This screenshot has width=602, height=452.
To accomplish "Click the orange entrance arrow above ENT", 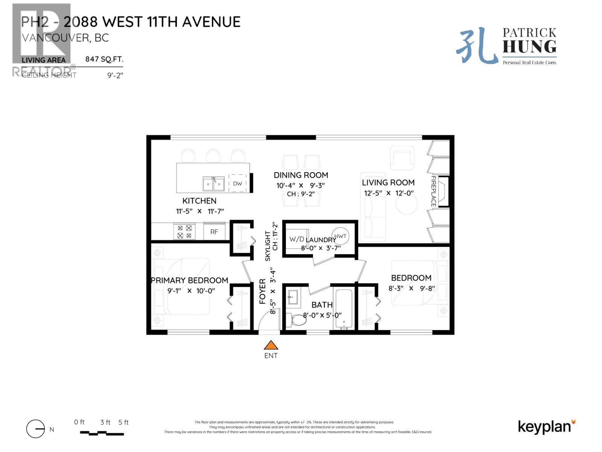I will pos(271,345).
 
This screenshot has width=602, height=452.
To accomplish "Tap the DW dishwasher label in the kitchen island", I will pos(237,184).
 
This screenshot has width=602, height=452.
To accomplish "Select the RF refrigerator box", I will pos(214,232).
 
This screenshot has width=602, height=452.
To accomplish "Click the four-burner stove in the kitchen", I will pos(184,232).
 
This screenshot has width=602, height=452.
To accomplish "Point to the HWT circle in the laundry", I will pos(340,236).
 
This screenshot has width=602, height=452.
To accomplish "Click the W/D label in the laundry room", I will pos(296,239).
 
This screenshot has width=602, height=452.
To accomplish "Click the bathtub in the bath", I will pos(344,309).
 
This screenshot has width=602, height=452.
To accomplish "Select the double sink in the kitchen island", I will pos(214,184).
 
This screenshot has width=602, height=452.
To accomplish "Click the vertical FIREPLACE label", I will pos(433,191).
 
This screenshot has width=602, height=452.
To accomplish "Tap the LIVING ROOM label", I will pos(388,183).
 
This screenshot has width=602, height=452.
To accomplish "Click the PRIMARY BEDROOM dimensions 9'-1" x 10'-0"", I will pos(191,291).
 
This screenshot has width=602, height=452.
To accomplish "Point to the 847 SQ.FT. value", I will pos(104,59).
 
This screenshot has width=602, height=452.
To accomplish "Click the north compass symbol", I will pos(36,429).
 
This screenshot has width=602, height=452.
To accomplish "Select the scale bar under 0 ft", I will pos(102,434).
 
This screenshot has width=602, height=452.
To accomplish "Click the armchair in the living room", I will pos(402,158).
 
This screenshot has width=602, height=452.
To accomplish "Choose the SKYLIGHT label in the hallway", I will pos(268,246).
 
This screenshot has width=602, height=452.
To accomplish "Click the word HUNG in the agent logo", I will pos(529,47).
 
